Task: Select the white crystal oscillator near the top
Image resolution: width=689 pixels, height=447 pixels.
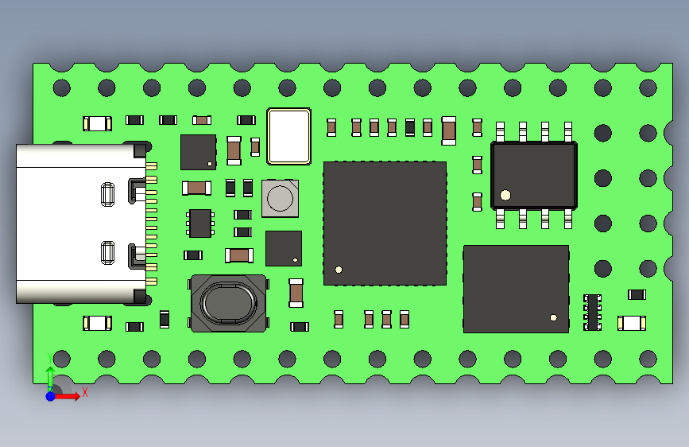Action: click(x=288, y=136)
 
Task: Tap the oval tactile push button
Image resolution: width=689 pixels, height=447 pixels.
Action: click(x=228, y=303)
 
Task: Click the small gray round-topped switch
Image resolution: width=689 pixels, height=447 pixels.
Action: click(x=280, y=197)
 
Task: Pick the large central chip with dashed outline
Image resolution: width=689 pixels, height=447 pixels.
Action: click(x=385, y=223)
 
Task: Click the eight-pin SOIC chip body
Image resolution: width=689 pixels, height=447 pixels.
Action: click(x=534, y=175)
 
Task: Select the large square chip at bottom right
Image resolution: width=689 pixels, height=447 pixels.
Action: click(x=516, y=289)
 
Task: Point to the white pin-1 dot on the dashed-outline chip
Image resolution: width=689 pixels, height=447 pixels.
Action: click(x=339, y=270)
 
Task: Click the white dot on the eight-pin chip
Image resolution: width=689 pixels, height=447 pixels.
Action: click(x=505, y=195)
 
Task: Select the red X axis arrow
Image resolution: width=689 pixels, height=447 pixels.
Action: click(x=69, y=395)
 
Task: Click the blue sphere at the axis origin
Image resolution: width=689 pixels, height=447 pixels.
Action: click(x=50, y=395)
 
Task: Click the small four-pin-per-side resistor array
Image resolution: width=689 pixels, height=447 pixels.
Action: click(x=592, y=312)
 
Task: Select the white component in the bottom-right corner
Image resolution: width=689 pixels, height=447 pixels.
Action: click(x=632, y=323)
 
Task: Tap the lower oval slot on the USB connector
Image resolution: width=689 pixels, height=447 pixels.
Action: click(x=108, y=253)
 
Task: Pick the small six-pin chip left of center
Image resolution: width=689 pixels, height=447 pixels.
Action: click(x=200, y=223)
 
